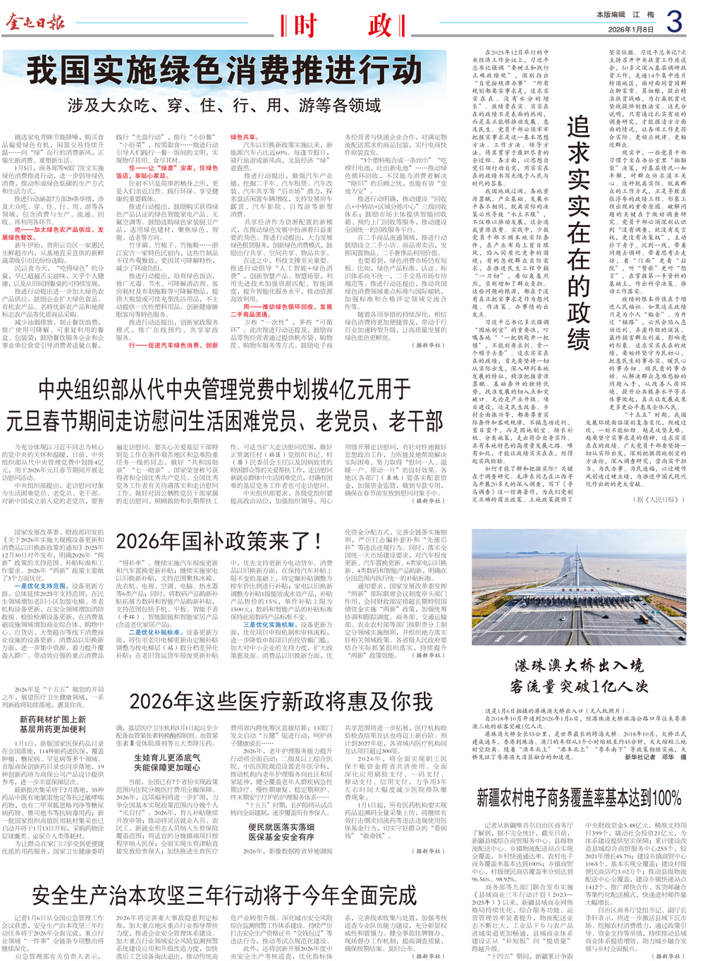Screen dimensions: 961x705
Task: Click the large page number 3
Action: [x=675, y=22]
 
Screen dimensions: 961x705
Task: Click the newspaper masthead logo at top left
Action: [x=35, y=23]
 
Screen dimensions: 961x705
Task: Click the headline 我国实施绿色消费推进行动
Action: [x=224, y=72]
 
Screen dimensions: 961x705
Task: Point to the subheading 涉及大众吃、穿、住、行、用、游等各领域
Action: [x=224, y=106]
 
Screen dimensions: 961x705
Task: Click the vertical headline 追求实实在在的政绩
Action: [x=579, y=233]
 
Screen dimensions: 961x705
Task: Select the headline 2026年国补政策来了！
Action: [x=219, y=541]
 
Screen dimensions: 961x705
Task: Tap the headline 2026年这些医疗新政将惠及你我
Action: [x=281, y=702]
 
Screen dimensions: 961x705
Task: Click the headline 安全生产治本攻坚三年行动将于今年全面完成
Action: [x=224, y=895]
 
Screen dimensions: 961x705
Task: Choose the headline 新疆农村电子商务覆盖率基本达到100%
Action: [x=579, y=798]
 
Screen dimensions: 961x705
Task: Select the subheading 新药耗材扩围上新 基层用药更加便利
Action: [x=53, y=724]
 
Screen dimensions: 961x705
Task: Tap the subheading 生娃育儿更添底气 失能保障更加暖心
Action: [x=167, y=762]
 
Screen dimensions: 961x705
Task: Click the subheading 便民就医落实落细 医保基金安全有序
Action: [x=281, y=832]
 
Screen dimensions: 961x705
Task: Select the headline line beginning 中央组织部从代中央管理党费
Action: [x=224, y=389]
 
